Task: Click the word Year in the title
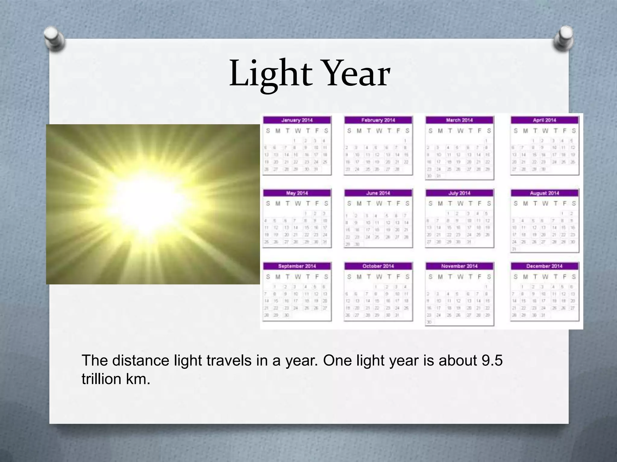point(355,74)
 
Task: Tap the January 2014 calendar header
point(297,120)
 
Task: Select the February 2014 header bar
point(378,120)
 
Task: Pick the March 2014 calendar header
point(459,120)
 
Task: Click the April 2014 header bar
point(544,120)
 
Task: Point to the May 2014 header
point(297,193)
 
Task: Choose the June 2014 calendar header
point(378,193)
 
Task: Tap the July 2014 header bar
point(459,193)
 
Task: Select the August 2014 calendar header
point(544,193)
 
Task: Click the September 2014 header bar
point(297,266)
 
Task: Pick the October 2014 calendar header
point(378,266)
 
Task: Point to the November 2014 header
point(459,266)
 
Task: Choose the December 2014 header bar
point(544,266)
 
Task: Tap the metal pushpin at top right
point(563,39)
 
